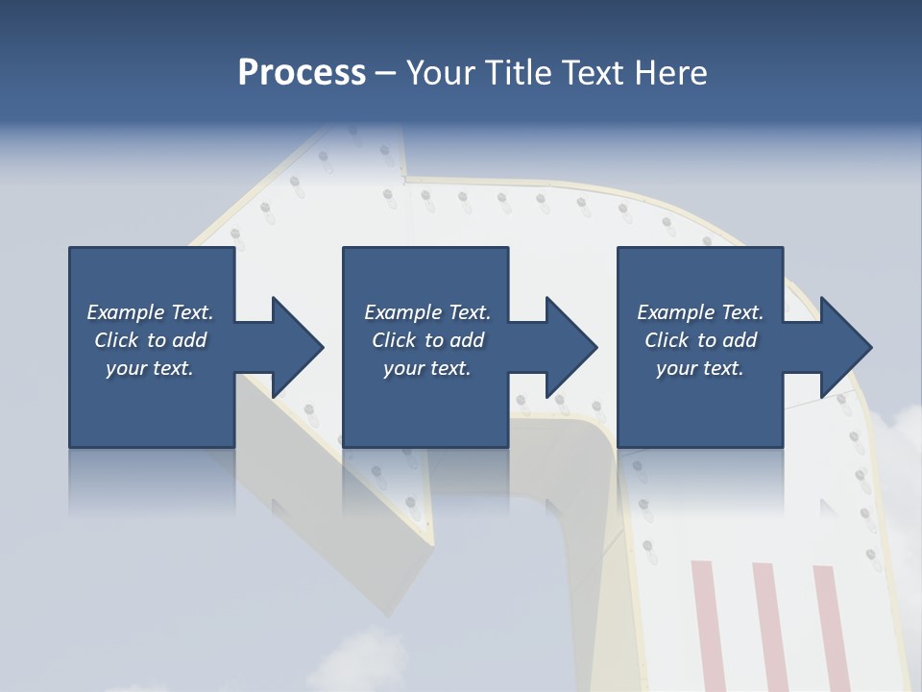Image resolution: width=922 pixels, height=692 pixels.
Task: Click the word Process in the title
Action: (x=302, y=73)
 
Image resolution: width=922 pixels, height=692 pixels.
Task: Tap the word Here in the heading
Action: (x=671, y=73)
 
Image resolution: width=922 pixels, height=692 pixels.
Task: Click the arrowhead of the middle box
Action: (x=570, y=347)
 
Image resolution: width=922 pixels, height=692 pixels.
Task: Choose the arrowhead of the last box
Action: (x=844, y=347)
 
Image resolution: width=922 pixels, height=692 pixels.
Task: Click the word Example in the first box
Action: (x=126, y=312)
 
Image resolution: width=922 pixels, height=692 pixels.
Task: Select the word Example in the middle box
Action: (x=403, y=312)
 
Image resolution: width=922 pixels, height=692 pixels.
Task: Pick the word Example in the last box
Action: (x=676, y=312)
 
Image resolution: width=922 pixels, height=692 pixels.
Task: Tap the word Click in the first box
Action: (x=115, y=340)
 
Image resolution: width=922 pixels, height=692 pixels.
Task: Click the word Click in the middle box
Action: (x=393, y=340)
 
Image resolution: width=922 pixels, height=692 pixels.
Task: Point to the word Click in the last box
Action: (x=666, y=340)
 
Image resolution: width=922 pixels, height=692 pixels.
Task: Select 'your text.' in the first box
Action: (x=150, y=369)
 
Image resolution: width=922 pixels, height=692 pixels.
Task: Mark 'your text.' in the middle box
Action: (x=427, y=369)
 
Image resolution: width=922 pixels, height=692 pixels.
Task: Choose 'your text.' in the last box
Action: (x=700, y=369)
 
